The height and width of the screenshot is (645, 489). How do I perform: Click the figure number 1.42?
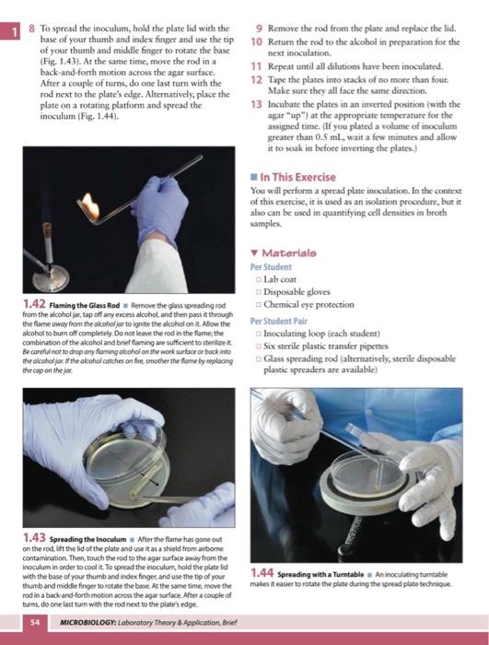click(34, 304)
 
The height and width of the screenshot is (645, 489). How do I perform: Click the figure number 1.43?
click(34, 537)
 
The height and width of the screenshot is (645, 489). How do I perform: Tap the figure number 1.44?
click(262, 572)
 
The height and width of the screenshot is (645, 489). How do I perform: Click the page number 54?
click(35, 622)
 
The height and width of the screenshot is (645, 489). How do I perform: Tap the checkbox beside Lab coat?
click(258, 280)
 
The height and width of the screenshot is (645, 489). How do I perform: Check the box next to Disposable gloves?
click(258, 292)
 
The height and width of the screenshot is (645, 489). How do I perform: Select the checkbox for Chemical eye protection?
click(258, 305)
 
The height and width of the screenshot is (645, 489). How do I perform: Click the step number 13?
click(256, 104)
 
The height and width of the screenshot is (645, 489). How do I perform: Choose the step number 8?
click(31, 29)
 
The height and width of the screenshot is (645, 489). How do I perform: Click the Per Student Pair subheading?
click(278, 321)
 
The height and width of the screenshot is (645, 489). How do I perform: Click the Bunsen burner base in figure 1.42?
click(51, 278)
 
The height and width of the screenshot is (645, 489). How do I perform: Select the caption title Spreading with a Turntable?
click(320, 574)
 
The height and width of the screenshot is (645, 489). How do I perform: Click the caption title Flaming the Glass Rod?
click(85, 305)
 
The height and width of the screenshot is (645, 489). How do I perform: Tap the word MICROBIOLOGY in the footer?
click(87, 622)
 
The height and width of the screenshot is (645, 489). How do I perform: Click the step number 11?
click(256, 66)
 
